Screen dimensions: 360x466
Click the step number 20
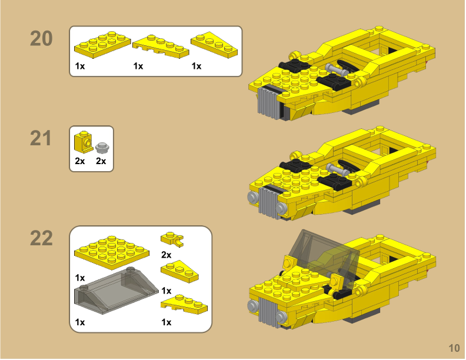(41, 39)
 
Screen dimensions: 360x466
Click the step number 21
(41, 139)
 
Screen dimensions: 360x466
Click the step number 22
(41, 239)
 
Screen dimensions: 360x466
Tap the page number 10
(453, 348)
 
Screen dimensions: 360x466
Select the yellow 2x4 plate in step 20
(101, 44)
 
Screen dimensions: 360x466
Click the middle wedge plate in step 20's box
(160, 46)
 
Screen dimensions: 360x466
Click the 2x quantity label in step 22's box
(166, 255)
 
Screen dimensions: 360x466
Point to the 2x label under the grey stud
(101, 161)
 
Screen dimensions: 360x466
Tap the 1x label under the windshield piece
(80, 322)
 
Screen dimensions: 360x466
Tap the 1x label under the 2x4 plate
(80, 66)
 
